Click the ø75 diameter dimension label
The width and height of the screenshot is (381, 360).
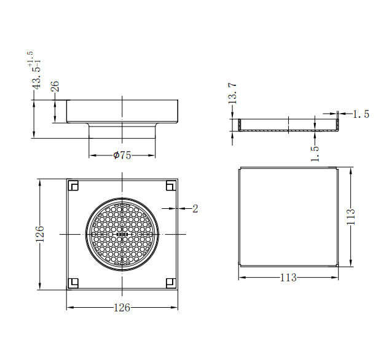tap(122, 155)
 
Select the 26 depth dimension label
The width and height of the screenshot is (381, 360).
tap(55, 87)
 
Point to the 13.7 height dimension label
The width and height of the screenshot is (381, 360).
tap(232, 94)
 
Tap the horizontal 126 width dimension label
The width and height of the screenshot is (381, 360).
tap(122, 308)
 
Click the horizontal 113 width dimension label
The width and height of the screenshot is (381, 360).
tap(288, 278)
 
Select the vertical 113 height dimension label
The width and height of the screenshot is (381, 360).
tap(352, 217)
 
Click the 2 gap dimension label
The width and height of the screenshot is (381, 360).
tap(195, 209)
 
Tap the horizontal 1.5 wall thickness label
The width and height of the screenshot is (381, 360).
tap(361, 114)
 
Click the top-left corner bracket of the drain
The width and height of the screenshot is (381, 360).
tap(73, 185)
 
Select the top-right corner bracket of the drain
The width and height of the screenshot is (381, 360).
tap(171, 185)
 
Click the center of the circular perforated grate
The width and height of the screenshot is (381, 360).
tap(122, 234)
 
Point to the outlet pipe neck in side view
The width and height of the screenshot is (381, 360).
tap(122, 130)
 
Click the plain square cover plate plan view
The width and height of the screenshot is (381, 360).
tap(288, 216)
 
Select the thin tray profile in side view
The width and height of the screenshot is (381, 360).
tap(288, 125)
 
